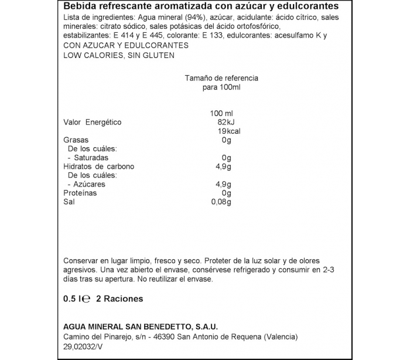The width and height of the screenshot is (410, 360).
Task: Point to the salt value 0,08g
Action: [221, 202]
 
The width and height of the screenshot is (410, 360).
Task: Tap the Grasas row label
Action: [76, 140]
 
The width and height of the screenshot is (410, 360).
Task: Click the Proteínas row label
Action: [80, 193]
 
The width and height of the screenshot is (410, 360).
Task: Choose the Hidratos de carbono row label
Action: [98, 167]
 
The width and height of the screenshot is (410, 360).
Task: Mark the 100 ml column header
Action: [221, 113]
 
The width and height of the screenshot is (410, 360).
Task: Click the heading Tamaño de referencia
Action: [221, 78]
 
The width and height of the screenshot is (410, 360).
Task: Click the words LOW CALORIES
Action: [91, 55]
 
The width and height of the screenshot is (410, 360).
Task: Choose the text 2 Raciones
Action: [119, 298]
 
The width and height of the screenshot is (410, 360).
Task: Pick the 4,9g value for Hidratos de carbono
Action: [224, 167]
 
